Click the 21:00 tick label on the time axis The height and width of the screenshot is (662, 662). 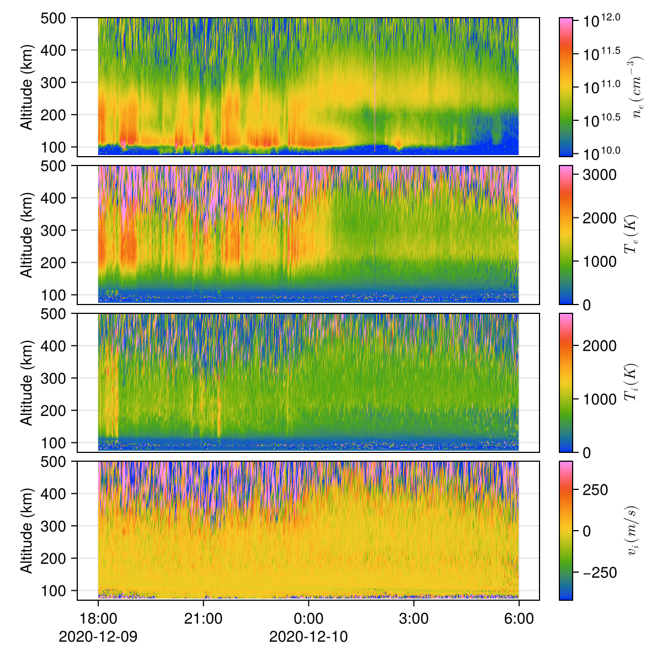click(203, 619)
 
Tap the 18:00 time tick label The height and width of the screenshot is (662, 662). click(98, 619)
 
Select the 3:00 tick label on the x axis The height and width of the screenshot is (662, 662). click(414, 619)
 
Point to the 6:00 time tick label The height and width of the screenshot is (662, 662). click(519, 619)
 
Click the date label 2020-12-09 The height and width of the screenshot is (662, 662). click(98, 637)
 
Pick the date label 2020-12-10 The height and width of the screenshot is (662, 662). click(308, 637)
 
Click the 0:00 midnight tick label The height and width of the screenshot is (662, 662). click(308, 619)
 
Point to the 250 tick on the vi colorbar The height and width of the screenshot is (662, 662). click(600, 490)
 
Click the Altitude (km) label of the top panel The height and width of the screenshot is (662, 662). click(26, 87)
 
